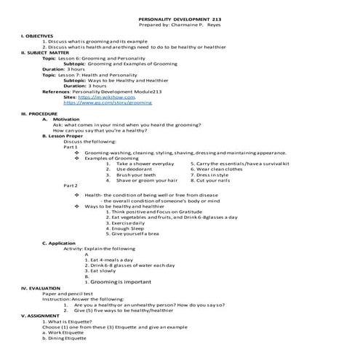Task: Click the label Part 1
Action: click(x=71, y=147)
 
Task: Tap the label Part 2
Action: click(x=71, y=186)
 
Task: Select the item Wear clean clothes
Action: click(x=219, y=169)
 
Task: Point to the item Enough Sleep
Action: click(x=127, y=228)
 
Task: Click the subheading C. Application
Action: click(x=59, y=243)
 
